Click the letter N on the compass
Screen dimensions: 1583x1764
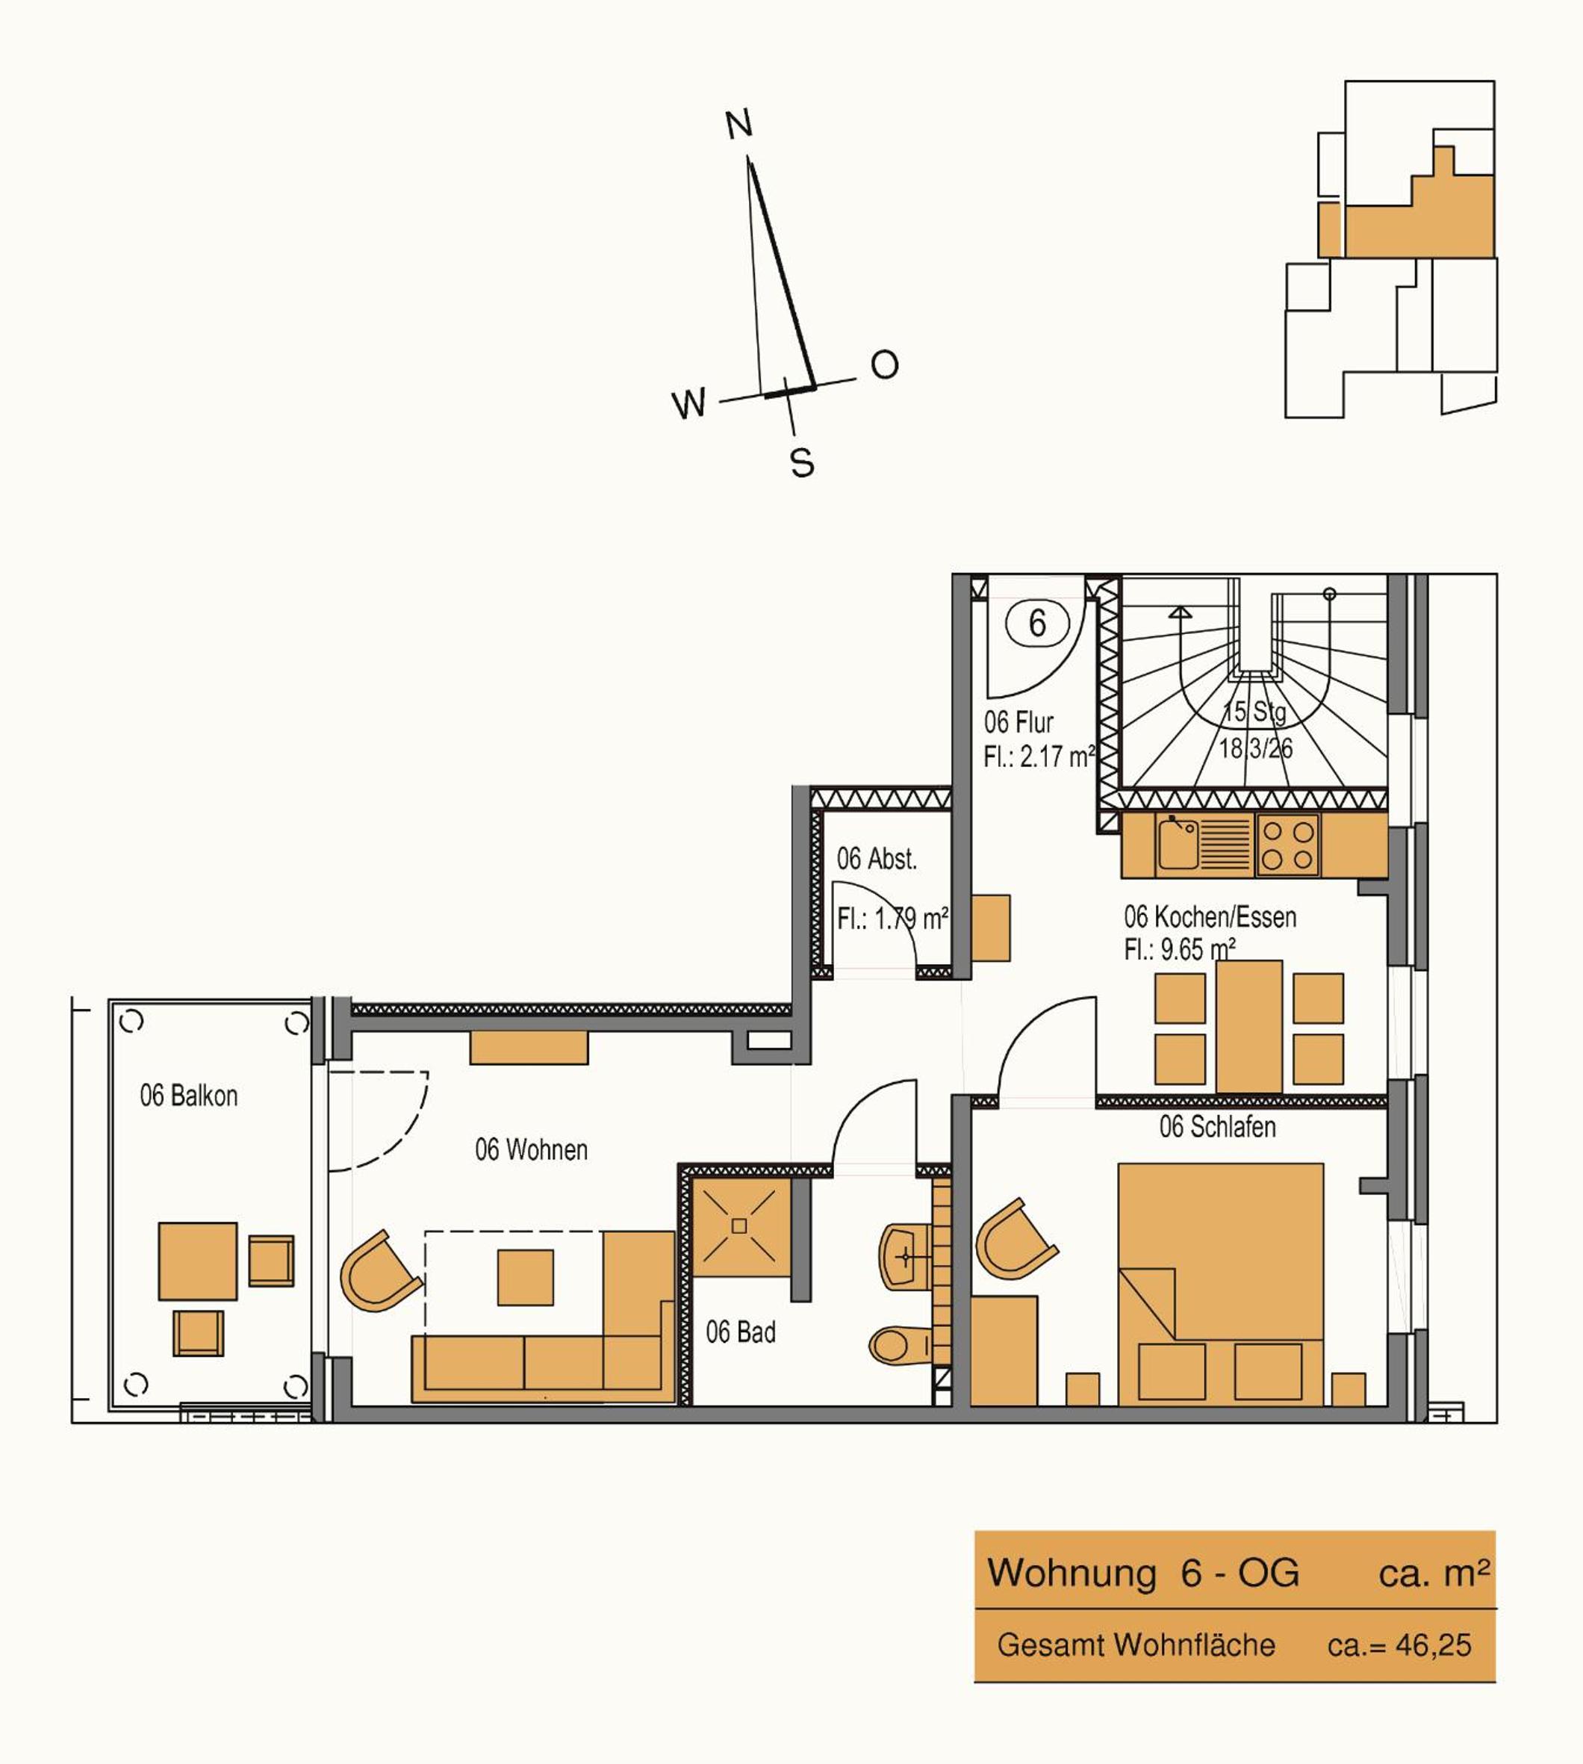(738, 125)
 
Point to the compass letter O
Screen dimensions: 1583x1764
(885, 364)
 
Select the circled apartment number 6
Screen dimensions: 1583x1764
(1036, 623)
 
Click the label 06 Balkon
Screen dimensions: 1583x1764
(189, 1095)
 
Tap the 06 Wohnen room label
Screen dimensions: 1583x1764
(531, 1149)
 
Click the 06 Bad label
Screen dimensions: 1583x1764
(740, 1332)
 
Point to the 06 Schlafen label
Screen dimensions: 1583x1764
(1217, 1126)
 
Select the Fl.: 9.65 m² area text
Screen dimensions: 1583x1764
(1180, 949)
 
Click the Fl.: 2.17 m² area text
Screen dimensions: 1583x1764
(1039, 756)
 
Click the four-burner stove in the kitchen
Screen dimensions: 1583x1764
(1288, 845)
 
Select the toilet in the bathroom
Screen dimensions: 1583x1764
(901, 1346)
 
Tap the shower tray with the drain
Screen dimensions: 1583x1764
(740, 1226)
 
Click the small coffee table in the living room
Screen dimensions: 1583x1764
(526, 1277)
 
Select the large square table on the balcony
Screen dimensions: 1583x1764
(197, 1261)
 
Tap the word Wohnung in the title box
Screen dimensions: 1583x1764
(1072, 1573)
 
